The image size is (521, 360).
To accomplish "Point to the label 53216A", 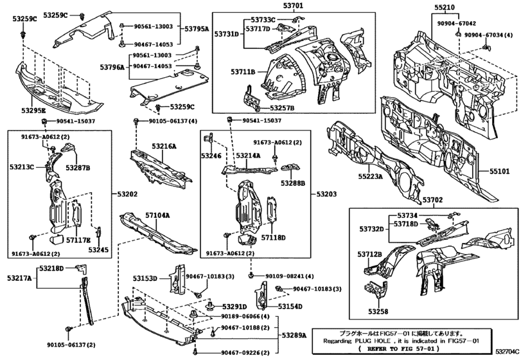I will (x=164, y=147).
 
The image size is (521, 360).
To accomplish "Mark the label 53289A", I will (x=295, y=336).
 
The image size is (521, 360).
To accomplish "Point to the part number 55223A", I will (x=370, y=175).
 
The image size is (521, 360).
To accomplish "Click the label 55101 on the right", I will (x=499, y=172).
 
